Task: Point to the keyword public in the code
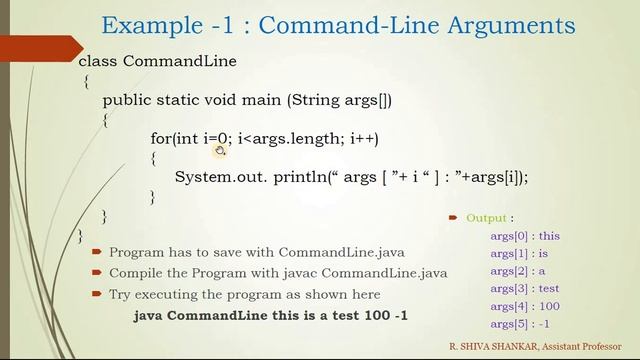(127, 100)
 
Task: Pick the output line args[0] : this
(524, 236)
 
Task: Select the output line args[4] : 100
(524, 306)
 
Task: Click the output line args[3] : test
(524, 289)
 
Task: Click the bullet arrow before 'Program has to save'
(96, 253)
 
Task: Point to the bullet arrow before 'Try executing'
(96, 294)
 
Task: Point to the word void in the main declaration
(233, 100)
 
